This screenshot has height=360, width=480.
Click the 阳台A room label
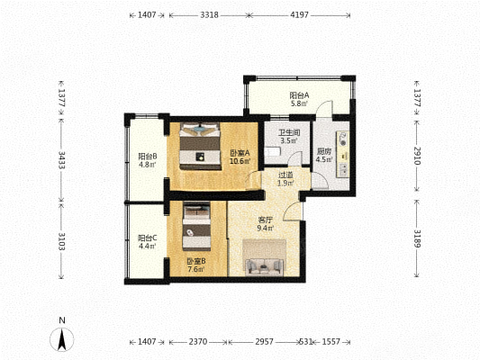(299, 95)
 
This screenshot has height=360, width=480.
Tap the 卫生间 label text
(289, 132)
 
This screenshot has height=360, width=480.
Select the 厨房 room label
(324, 151)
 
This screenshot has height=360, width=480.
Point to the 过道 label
(285, 175)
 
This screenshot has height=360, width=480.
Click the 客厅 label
(265, 220)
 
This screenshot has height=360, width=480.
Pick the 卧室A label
(240, 153)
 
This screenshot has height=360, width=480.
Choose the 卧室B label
(196, 261)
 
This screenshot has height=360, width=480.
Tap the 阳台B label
(148, 157)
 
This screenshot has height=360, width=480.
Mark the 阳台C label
(148, 238)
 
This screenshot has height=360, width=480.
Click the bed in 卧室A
(200, 146)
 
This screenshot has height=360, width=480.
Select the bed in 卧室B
(196, 226)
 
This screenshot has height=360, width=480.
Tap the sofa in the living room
(264, 266)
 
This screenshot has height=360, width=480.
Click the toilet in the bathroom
(273, 151)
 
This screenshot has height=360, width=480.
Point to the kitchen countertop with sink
(342, 155)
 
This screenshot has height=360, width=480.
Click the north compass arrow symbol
(62, 339)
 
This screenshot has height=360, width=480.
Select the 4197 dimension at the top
(299, 14)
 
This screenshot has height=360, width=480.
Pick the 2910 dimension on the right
(417, 156)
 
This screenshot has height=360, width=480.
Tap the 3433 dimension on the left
(61, 160)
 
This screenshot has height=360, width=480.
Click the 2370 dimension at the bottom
(198, 342)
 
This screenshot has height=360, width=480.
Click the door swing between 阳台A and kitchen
(324, 109)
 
